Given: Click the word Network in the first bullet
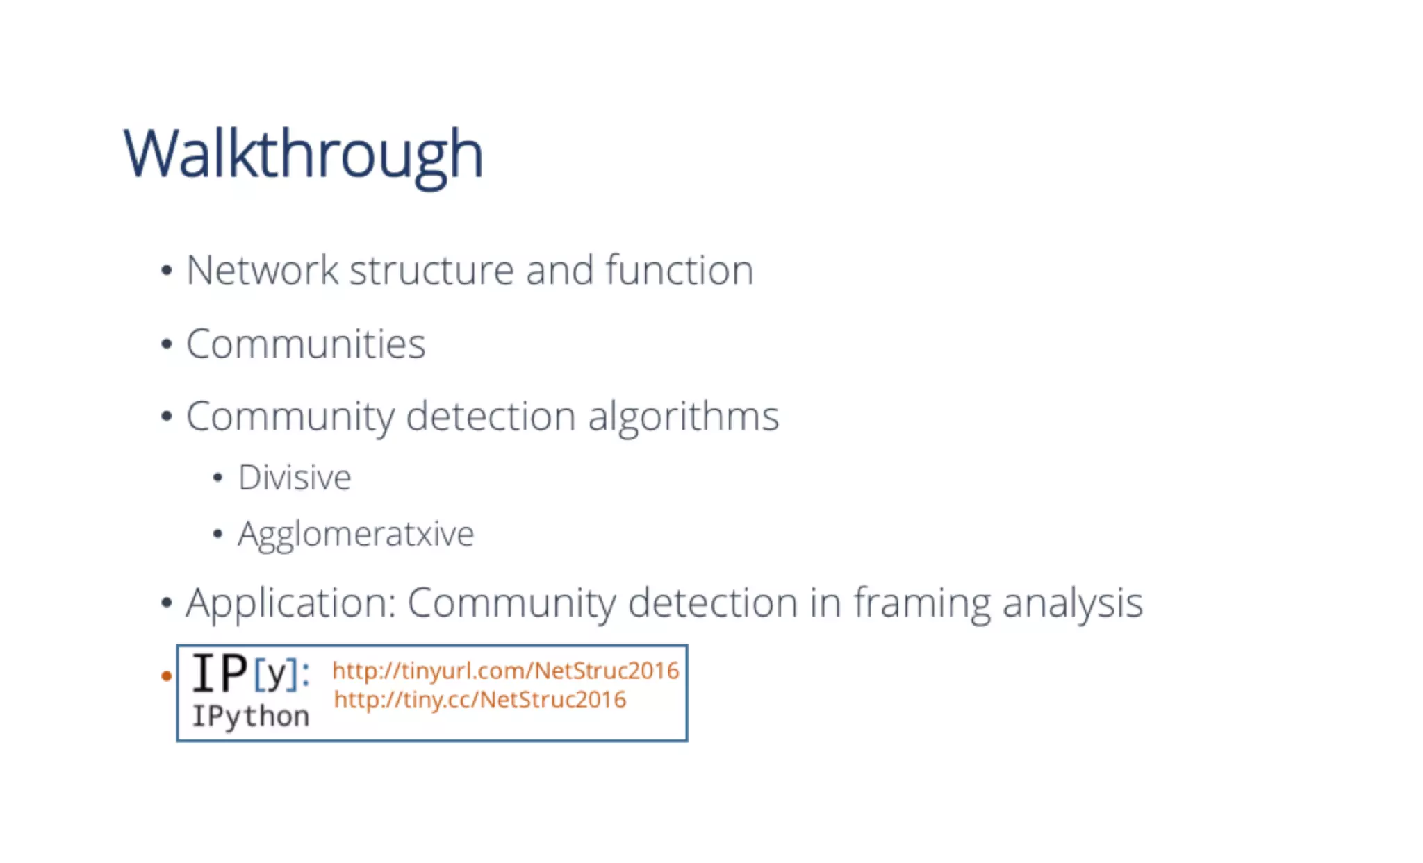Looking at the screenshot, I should tap(262, 270).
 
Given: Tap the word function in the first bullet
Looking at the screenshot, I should tap(679, 270).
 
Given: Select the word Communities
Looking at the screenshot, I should tap(306, 344).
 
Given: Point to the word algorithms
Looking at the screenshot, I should tap(683, 417).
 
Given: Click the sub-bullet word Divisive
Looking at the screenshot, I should tap(295, 478).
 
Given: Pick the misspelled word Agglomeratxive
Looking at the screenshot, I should tap(356, 535).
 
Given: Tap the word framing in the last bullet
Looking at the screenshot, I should tap(921, 603).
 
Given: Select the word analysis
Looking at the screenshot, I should tap(1072, 603).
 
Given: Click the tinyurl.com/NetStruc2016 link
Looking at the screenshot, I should tap(505, 671).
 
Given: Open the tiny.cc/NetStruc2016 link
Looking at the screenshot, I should tap(479, 700).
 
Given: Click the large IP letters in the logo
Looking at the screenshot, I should tap(220, 673).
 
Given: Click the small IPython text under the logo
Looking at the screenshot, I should tap(250, 717).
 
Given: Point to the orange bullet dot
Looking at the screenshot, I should tap(166, 676).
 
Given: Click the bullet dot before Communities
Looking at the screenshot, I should tap(166, 344).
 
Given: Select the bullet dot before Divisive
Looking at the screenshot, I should tap(217, 478).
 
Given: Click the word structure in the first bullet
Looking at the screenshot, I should tap(431, 270).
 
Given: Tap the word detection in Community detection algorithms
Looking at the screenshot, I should tap(491, 417).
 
